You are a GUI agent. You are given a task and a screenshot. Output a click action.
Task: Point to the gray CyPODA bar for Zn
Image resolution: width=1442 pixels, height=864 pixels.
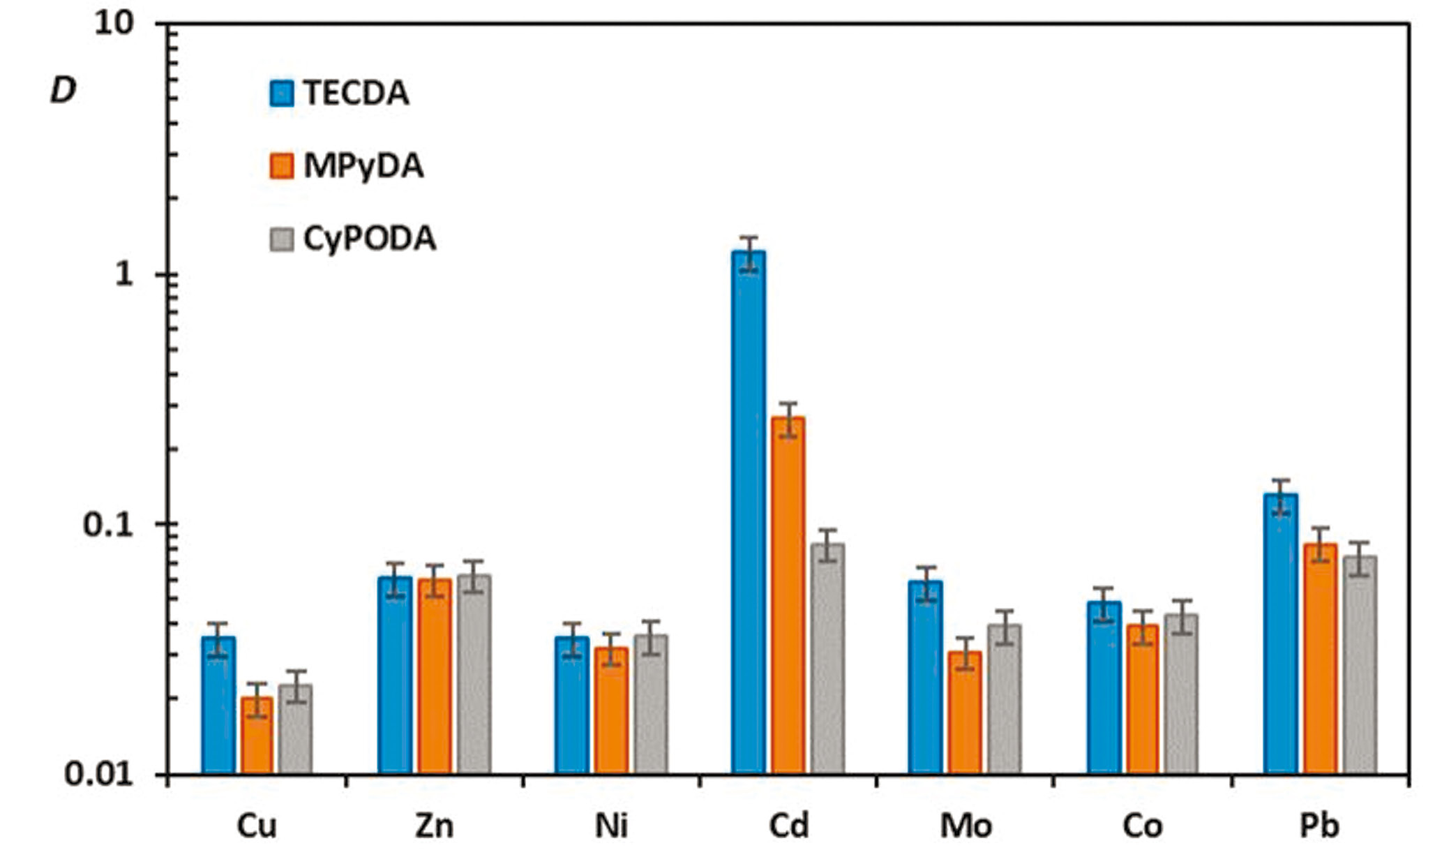474,674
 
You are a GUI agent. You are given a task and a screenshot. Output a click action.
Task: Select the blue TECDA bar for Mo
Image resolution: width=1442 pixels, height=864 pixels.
925,677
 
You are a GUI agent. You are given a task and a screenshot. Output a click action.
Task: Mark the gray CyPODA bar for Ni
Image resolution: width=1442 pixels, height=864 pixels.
651,704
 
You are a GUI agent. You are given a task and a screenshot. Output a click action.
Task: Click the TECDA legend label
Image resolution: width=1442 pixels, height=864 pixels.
356,94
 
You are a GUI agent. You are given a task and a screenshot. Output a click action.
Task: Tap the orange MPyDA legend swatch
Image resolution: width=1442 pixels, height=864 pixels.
282,166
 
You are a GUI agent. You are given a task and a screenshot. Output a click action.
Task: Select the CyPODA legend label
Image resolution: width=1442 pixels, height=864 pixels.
369,239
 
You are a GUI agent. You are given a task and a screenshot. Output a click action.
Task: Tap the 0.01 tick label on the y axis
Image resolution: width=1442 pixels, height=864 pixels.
98,774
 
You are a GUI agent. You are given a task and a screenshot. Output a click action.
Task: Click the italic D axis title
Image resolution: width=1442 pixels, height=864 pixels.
63,90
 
